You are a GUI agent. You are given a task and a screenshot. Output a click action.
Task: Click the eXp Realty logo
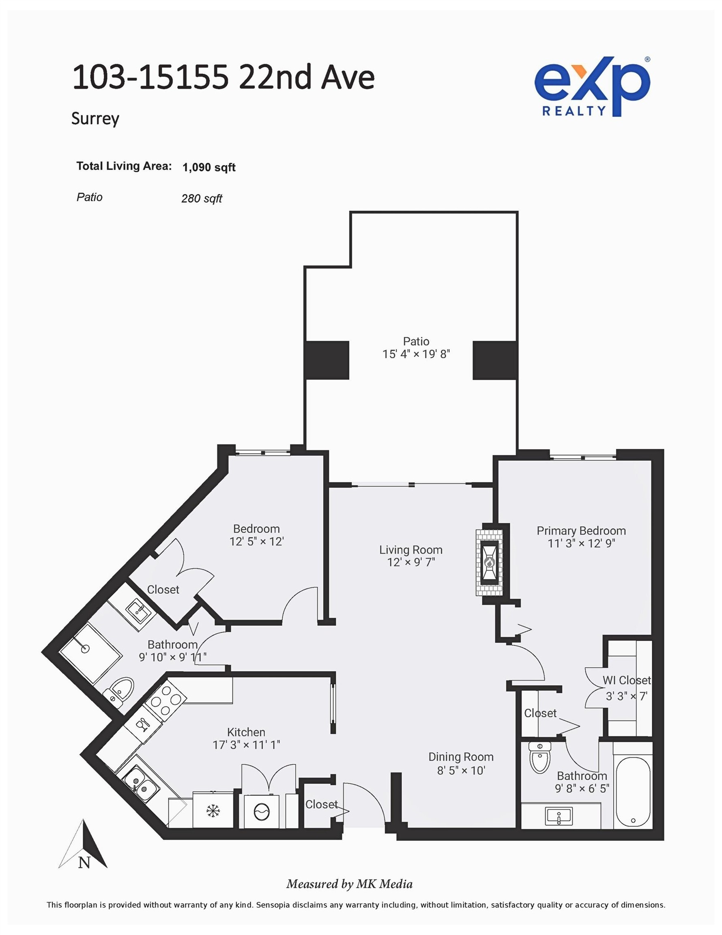(x=592, y=87)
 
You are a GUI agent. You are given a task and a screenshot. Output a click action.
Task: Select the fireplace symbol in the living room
(x=489, y=562)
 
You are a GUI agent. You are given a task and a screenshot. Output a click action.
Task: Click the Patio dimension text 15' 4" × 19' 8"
(x=416, y=354)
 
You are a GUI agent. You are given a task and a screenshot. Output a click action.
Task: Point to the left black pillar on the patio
(x=327, y=360)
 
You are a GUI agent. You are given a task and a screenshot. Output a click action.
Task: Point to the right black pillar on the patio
(x=495, y=360)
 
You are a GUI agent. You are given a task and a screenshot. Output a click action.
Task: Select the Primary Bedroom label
(x=581, y=531)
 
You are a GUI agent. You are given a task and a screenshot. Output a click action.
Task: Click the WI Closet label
(x=626, y=680)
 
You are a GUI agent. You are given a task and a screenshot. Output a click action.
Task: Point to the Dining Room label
(x=460, y=757)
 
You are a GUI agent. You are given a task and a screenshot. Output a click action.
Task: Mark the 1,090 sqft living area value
(x=209, y=167)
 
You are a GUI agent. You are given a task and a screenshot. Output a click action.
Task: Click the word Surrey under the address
(x=95, y=118)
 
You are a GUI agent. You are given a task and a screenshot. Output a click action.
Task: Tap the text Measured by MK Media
(x=349, y=884)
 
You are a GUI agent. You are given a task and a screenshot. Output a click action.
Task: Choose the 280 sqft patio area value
(x=202, y=198)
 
